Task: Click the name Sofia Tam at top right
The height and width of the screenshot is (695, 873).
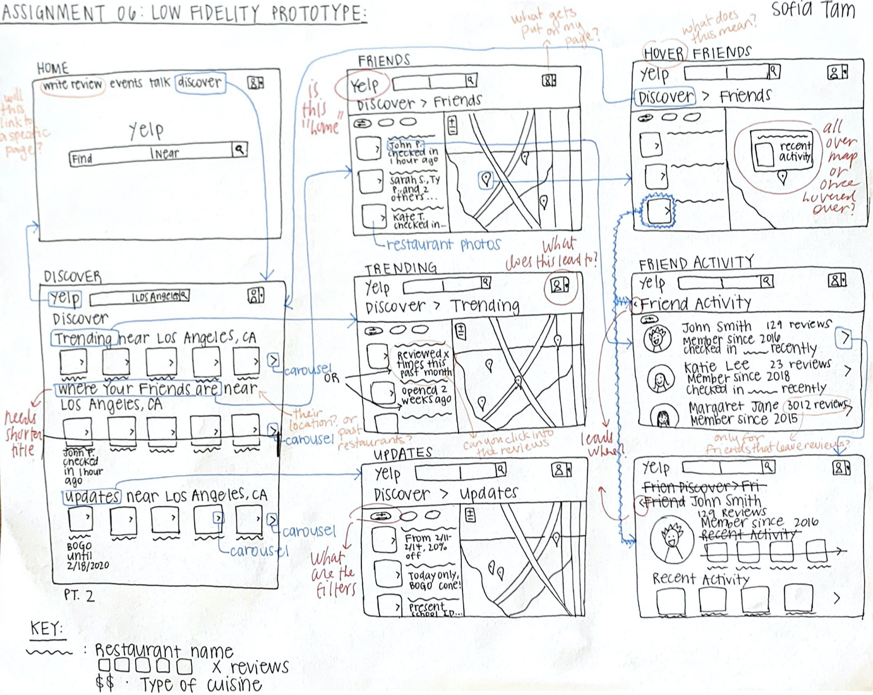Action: tap(813, 10)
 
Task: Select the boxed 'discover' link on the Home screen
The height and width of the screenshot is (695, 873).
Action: tap(200, 82)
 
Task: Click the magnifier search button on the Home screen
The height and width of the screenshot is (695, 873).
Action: tap(240, 149)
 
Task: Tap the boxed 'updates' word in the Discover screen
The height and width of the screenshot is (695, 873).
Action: tap(92, 497)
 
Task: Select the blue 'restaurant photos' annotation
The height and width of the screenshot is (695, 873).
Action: tap(443, 245)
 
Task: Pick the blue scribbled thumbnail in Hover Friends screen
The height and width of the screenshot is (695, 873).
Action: tap(657, 210)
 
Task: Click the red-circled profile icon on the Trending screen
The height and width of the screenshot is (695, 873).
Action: tap(559, 285)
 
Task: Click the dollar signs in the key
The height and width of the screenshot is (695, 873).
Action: tap(104, 683)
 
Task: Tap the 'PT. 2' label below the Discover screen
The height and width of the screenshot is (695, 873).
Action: tap(79, 596)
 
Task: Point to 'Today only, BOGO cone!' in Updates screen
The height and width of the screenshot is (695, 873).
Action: tap(433, 580)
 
